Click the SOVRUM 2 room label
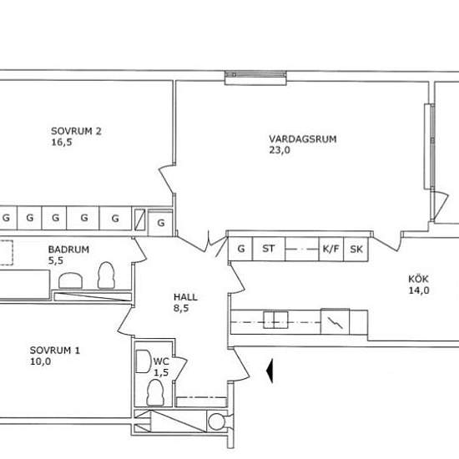(76, 131)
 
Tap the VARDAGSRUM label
(303, 139)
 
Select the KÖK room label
(418, 279)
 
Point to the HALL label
(185, 297)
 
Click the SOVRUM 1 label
(55, 351)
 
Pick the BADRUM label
(68, 250)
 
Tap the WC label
(161, 361)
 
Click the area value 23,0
(280, 150)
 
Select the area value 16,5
(62, 142)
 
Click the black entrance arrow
(270, 371)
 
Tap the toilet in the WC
(155, 392)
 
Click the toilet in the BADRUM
(106, 275)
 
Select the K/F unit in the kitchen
(330, 249)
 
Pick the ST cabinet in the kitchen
(269, 249)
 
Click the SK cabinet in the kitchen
(356, 249)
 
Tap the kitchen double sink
(275, 320)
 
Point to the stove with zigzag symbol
(335, 321)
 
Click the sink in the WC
(144, 361)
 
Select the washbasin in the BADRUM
(70, 280)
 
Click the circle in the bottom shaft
(216, 421)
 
